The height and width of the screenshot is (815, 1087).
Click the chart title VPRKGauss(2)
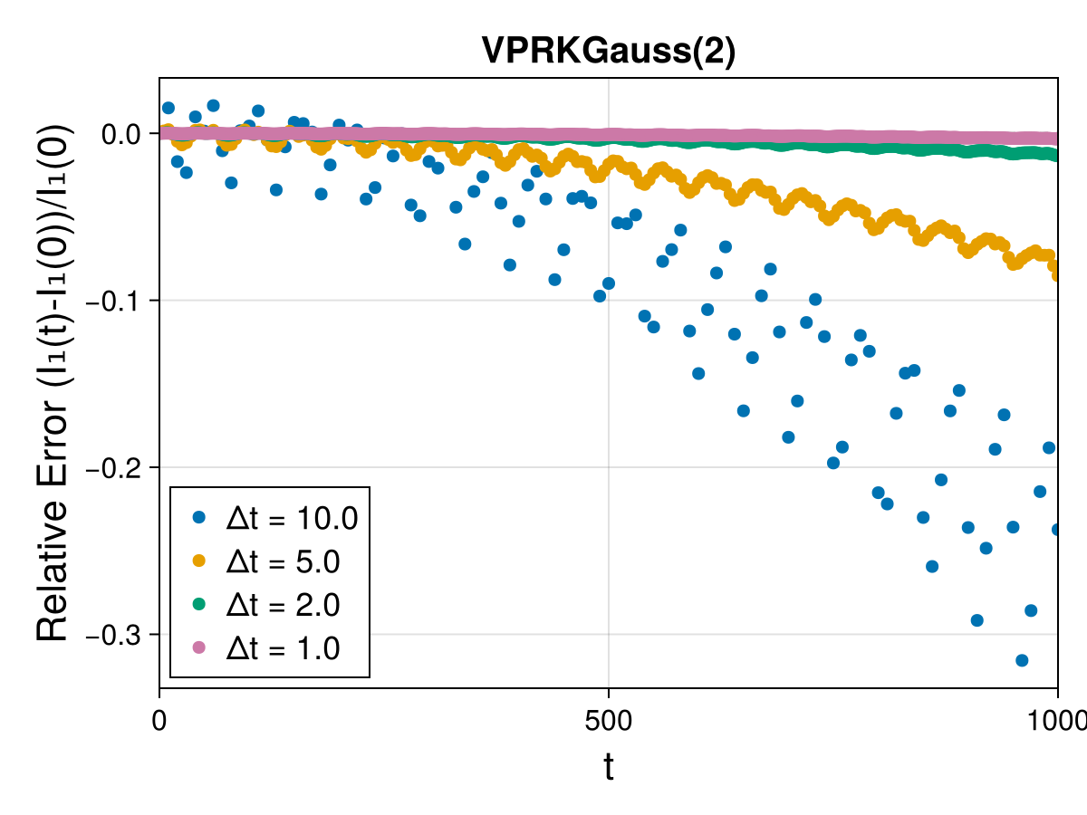[609, 52]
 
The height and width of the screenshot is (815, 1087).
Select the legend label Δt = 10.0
[292, 519]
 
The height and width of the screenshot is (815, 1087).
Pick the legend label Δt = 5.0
[283, 561]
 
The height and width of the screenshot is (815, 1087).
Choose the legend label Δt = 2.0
[283, 605]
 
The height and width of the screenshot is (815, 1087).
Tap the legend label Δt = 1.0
[283, 648]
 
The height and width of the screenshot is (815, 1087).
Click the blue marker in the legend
[198, 518]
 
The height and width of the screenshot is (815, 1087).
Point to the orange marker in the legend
[198, 561]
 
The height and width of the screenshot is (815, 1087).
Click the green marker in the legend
[198, 604]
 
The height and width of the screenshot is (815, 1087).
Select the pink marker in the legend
[198, 647]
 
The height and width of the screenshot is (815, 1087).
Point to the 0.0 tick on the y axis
[121, 134]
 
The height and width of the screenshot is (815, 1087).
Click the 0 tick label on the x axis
[159, 721]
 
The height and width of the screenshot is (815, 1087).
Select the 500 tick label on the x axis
[608, 721]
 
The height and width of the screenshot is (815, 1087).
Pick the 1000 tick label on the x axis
[1058, 721]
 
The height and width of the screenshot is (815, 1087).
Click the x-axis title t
[609, 766]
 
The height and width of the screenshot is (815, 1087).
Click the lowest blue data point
[1022, 660]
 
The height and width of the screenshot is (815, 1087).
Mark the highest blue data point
[213, 105]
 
